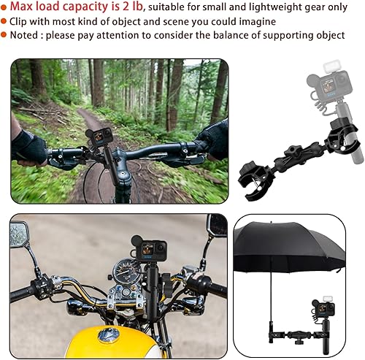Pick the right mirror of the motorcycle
[x=217, y=225]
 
